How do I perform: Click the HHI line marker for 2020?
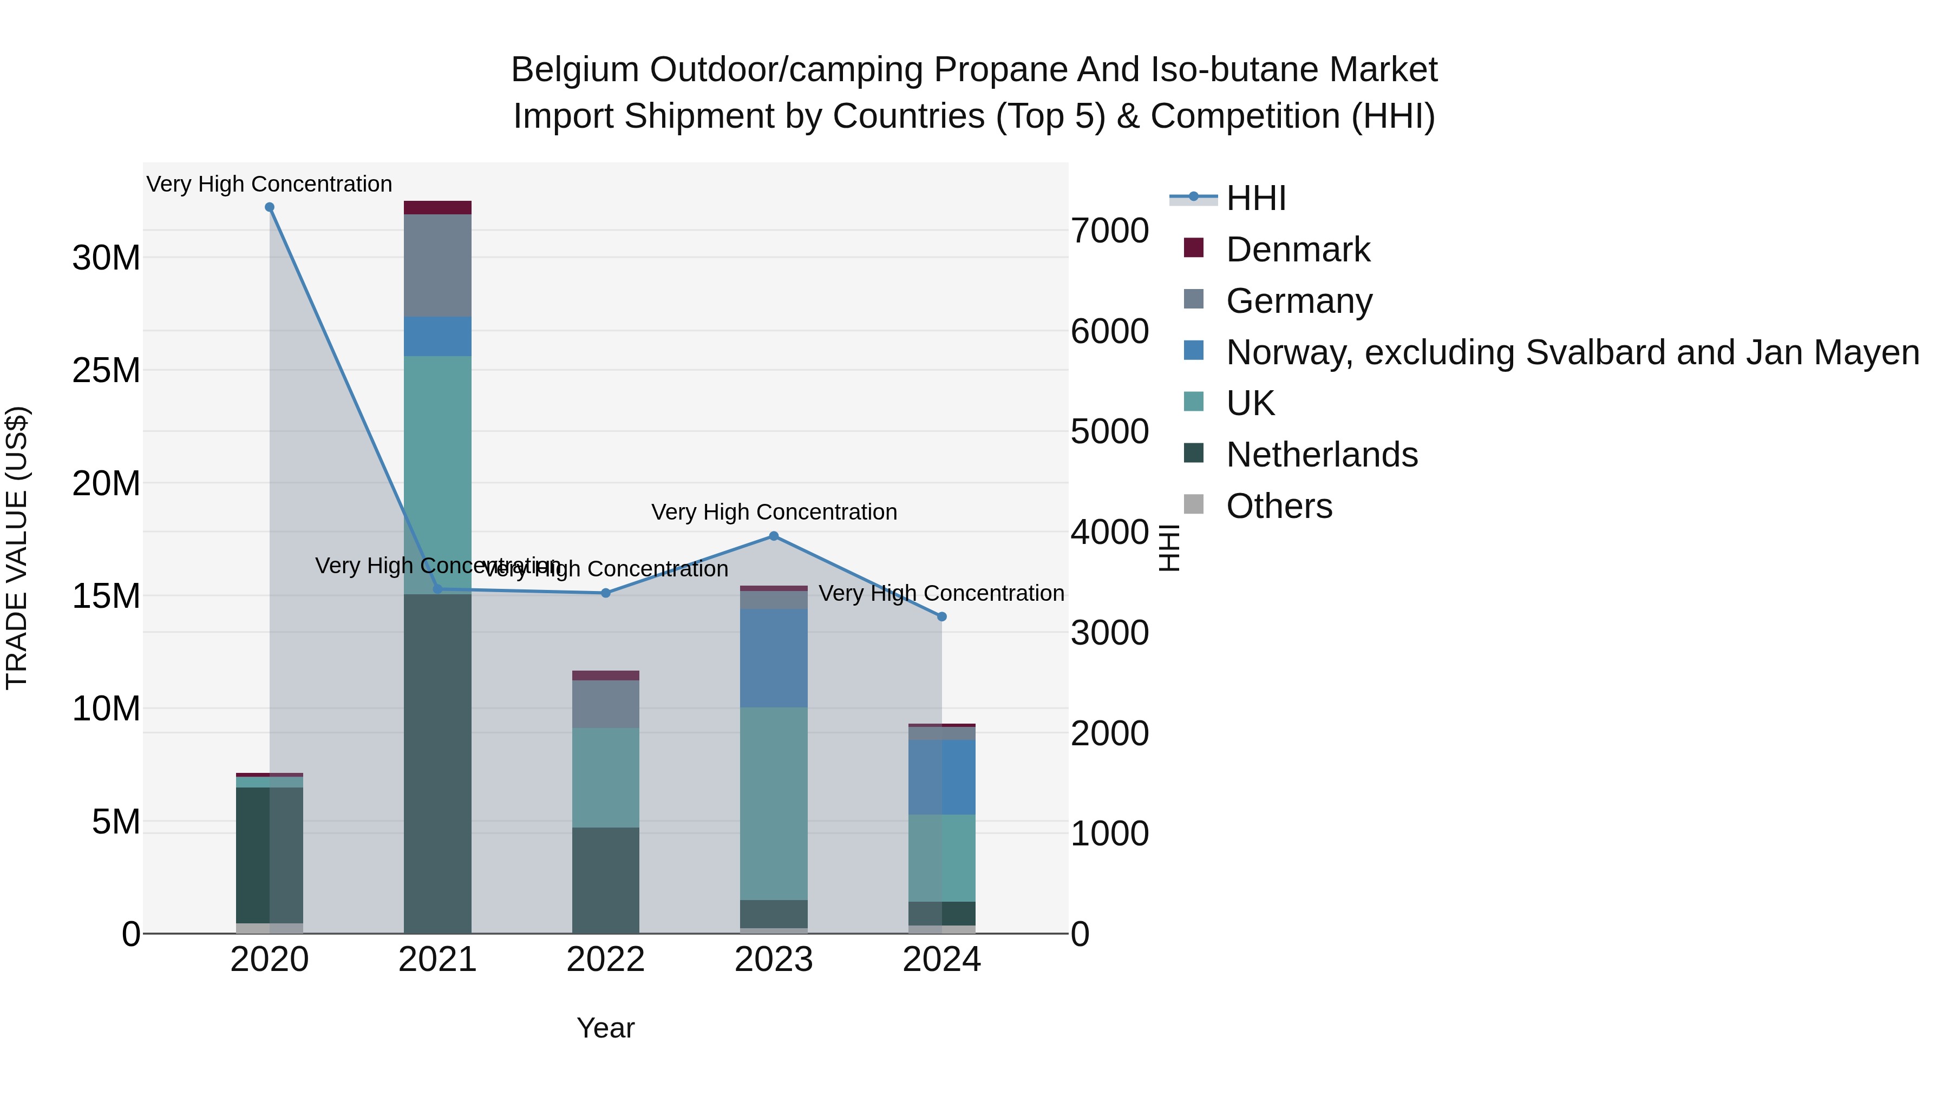270,207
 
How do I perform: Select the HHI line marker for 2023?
773,536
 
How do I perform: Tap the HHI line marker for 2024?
941,617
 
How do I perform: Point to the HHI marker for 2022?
605,593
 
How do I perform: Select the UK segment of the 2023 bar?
773,803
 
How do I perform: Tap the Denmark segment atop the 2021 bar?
437,208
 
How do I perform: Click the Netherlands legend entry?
1321,455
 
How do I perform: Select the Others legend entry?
1279,506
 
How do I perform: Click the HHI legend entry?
1256,198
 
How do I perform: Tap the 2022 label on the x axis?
605,960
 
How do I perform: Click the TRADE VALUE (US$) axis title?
17,548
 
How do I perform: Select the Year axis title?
605,1028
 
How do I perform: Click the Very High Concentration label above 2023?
773,512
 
